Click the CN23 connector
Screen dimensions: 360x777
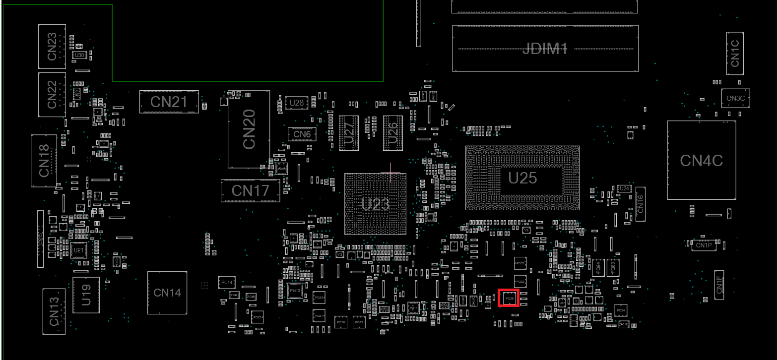tap(52, 47)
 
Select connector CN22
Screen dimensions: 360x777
tap(52, 95)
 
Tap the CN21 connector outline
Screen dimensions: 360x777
tap(169, 102)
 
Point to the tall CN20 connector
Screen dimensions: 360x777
tap(249, 129)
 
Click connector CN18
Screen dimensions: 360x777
tap(44, 161)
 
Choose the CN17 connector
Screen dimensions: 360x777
tap(250, 190)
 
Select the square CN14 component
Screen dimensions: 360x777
tap(167, 293)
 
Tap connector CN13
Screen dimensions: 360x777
tap(54, 311)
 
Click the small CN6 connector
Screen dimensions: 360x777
tap(302, 134)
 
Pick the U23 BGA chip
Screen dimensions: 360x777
tap(375, 204)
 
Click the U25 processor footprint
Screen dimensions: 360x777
tap(522, 178)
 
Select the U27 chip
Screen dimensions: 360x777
tap(349, 133)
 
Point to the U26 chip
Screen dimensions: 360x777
tap(392, 133)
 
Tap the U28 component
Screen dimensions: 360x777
tap(296, 103)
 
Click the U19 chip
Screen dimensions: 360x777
tap(86, 295)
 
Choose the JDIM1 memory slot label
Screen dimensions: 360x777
tap(545, 48)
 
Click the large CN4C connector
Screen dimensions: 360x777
tap(701, 160)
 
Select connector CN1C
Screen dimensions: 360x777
tap(735, 53)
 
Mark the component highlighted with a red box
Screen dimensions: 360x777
tap(509, 298)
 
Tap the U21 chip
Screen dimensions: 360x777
tap(78, 250)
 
